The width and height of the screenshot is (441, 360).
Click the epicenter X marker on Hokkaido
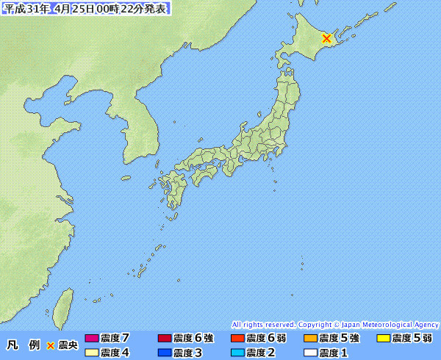327,38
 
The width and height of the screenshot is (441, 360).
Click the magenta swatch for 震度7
92,339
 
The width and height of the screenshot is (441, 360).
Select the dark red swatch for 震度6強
165,339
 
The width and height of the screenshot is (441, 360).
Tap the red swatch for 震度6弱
237,339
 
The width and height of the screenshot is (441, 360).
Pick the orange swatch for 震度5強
310,339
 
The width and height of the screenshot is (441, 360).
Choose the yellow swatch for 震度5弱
383,339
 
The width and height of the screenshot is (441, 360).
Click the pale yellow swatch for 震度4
92,353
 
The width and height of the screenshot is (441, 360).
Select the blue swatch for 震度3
165,353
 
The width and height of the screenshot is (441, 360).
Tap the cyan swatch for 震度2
237,353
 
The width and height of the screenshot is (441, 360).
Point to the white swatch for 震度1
310,353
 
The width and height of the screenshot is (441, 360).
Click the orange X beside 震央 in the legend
51,345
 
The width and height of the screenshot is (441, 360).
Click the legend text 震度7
115,339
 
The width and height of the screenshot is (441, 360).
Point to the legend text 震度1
333,353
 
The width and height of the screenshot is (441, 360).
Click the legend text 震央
68,345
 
